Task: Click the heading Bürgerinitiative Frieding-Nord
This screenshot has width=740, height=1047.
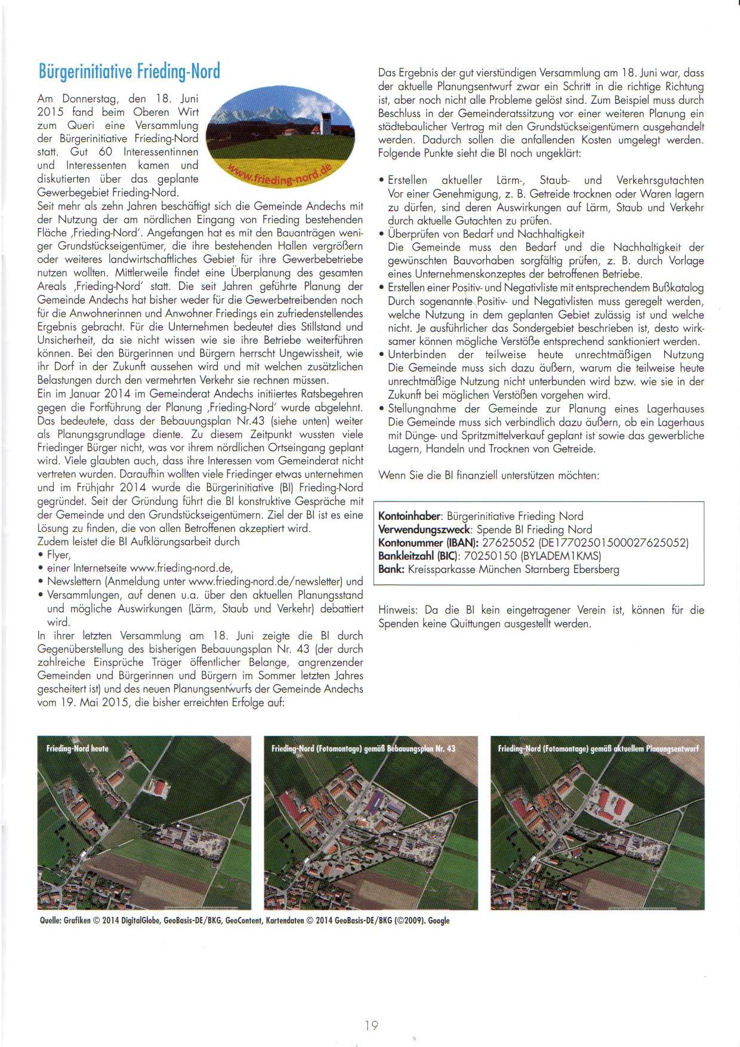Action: coord(129,71)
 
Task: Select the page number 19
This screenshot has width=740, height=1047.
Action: coord(371,1026)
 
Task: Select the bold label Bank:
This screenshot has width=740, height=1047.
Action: coord(391,569)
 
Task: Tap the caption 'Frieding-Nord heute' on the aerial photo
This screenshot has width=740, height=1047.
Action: coord(78,748)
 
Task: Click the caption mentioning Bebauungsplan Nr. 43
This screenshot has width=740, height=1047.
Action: coord(363,748)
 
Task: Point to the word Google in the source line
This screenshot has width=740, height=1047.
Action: coord(439,920)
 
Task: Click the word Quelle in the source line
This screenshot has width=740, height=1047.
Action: coord(50,920)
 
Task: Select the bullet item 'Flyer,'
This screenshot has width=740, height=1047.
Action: coord(59,555)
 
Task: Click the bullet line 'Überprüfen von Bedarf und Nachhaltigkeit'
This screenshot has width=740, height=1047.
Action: coord(486,234)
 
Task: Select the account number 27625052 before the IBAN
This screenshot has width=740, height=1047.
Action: coord(508,543)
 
